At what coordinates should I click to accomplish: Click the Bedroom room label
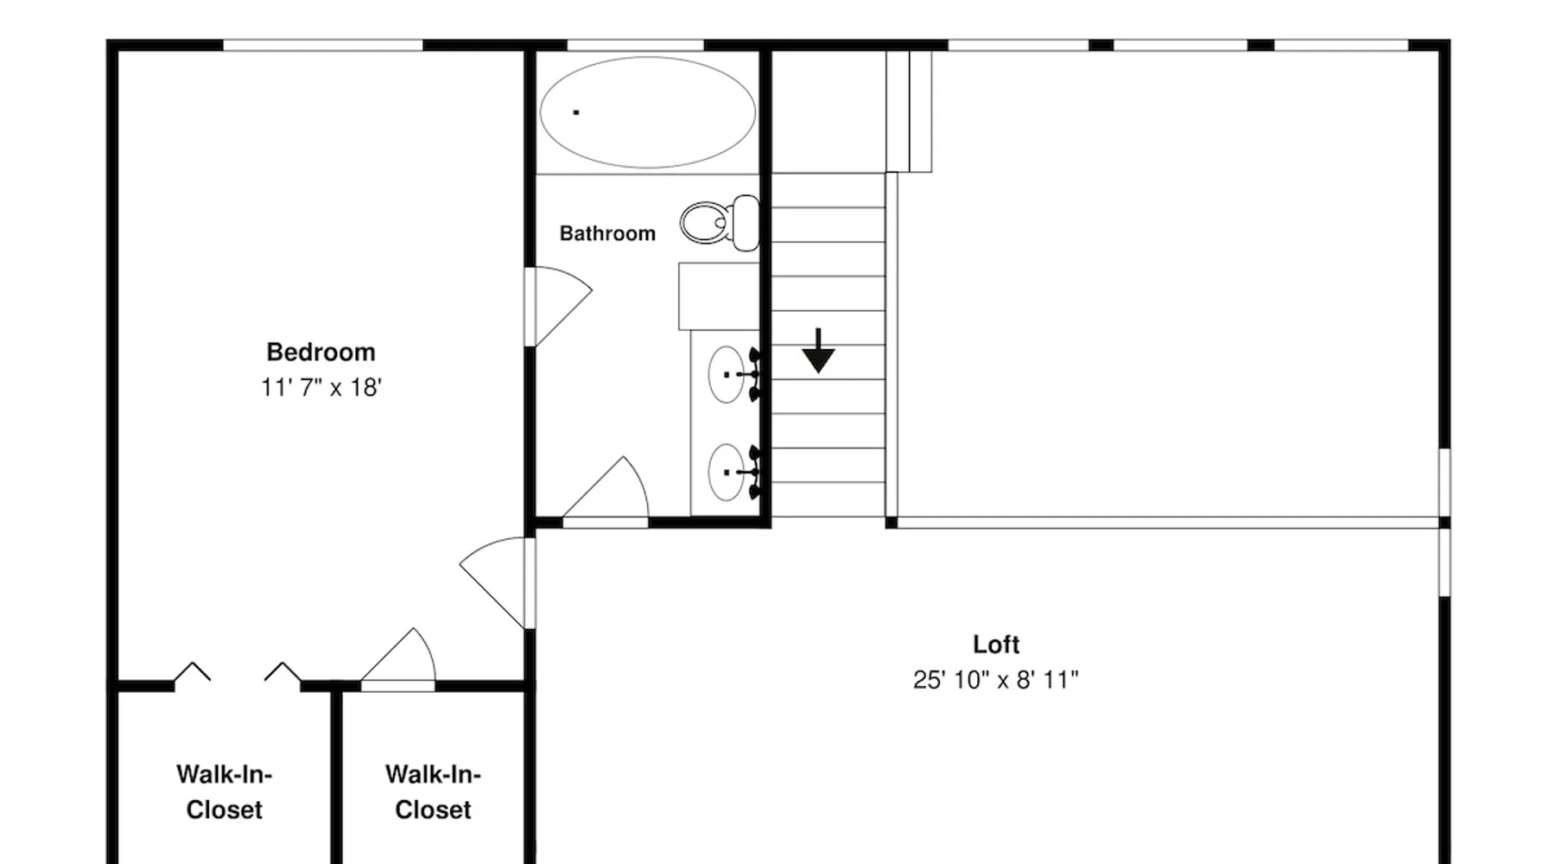pyautogui.click(x=321, y=353)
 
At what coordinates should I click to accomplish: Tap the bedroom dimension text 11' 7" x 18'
pyautogui.click(x=321, y=387)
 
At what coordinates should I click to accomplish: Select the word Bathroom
pyautogui.click(x=607, y=233)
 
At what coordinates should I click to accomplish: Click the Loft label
pyautogui.click(x=996, y=645)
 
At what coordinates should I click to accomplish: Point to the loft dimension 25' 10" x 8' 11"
pyautogui.click(x=996, y=680)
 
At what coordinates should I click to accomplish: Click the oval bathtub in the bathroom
pyautogui.click(x=648, y=112)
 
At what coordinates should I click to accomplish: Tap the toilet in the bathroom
pyautogui.click(x=720, y=223)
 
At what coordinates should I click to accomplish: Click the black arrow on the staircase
pyautogui.click(x=818, y=351)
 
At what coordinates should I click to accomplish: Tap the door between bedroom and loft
pyautogui.click(x=494, y=581)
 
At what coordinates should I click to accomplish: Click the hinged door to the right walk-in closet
pyautogui.click(x=398, y=658)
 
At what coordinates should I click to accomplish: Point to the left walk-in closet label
pyautogui.click(x=225, y=792)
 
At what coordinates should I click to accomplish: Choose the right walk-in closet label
pyautogui.click(x=433, y=792)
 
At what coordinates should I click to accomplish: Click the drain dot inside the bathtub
pyautogui.click(x=576, y=112)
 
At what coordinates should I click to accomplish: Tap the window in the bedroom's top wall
pyautogui.click(x=323, y=45)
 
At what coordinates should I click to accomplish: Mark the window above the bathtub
pyautogui.click(x=635, y=45)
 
